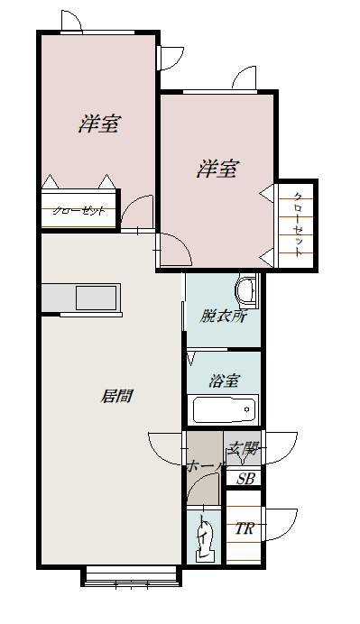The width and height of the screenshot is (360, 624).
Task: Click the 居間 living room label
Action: point(116,395)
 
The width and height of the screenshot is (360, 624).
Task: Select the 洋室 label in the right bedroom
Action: point(217,169)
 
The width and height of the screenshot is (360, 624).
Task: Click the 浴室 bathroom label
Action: point(224,381)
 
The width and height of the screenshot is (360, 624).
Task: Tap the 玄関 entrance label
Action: point(243,448)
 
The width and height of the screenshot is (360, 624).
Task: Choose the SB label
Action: point(245,479)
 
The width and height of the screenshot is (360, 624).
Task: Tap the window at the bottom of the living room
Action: point(132,576)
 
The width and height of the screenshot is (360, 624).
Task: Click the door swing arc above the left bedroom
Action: point(74,20)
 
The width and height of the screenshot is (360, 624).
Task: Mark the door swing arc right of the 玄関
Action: point(282,447)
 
